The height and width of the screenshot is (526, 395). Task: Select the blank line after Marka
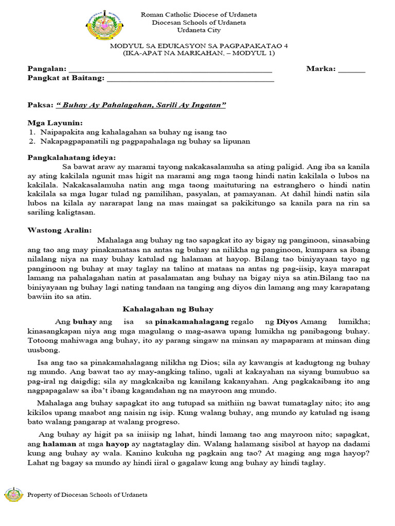(x=351, y=69)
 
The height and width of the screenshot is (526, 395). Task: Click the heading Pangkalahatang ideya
(x=71, y=157)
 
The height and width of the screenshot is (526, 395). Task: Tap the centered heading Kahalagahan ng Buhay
(x=167, y=309)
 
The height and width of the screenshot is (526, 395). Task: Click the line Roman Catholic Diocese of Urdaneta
(x=199, y=15)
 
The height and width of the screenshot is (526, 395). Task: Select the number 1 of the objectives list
(x=31, y=133)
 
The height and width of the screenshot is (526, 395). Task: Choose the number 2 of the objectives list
(x=31, y=141)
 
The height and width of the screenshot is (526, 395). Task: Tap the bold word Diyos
(x=287, y=322)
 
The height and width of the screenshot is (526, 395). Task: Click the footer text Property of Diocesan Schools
(x=87, y=495)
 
